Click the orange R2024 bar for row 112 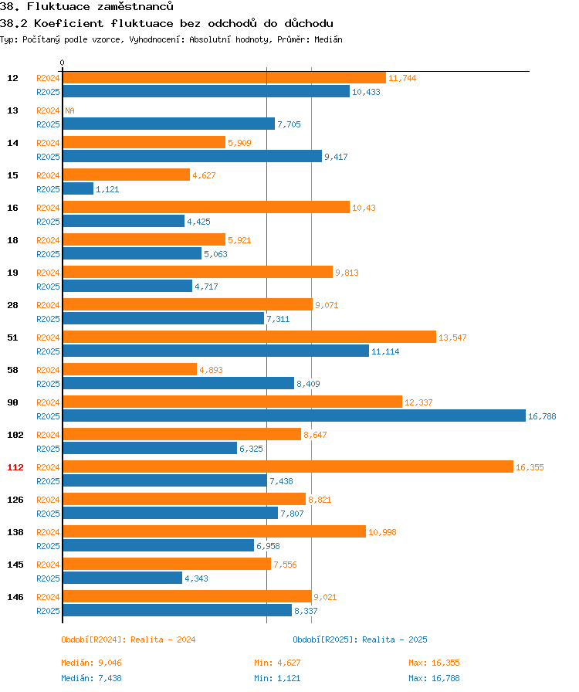287,466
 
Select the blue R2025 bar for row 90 293,416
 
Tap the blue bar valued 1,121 78,188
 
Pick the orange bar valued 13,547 249,337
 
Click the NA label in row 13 69,110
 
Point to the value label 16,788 542,416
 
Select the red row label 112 15,466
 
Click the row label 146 15,596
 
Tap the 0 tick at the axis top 63,63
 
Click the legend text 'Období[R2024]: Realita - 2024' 128,639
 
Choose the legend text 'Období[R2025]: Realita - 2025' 360,639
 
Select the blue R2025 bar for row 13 168,124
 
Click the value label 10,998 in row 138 383,532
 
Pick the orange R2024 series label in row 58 48,369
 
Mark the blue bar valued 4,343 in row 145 122,578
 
